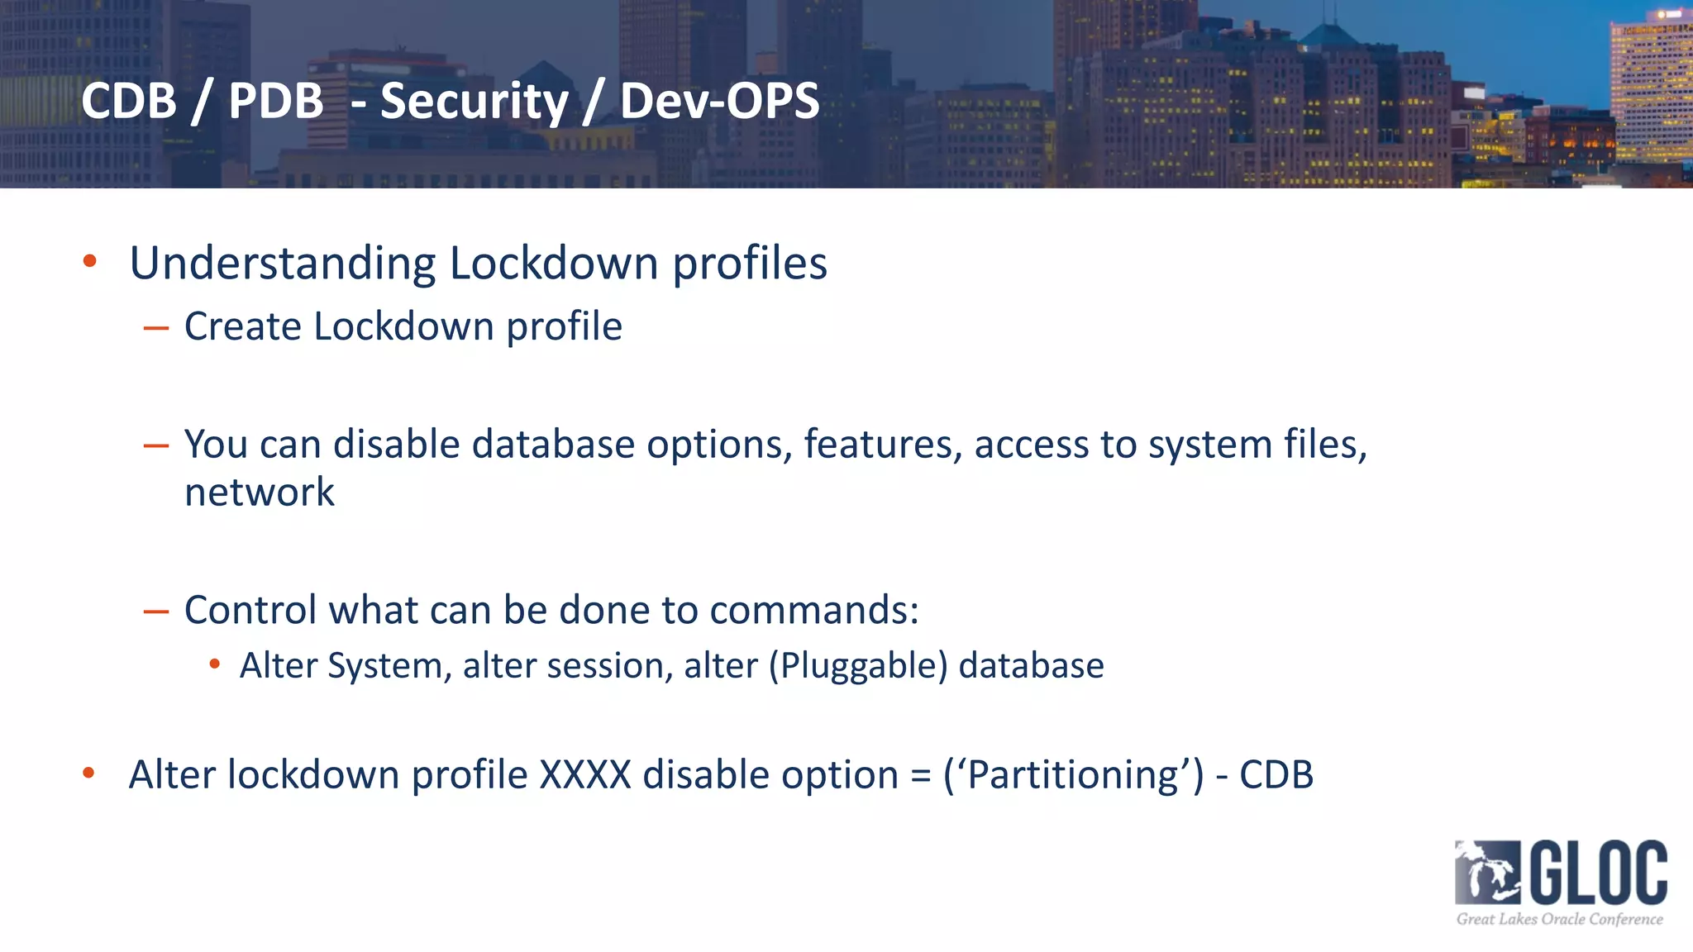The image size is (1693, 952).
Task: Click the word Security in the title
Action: click(x=475, y=102)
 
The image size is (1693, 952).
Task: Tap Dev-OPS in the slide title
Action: click(x=719, y=102)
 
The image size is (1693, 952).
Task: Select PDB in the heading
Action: click(x=275, y=102)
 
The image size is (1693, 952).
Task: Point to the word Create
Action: click(x=243, y=326)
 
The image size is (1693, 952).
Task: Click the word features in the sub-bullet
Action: click(x=882, y=445)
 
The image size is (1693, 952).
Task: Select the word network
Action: click(x=259, y=493)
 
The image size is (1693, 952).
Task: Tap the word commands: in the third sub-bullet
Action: click(x=813, y=610)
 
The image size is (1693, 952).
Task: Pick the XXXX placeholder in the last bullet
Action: click(x=585, y=775)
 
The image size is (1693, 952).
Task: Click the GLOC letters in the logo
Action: click(x=1599, y=873)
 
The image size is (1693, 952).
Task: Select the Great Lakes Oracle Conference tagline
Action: click(x=1559, y=919)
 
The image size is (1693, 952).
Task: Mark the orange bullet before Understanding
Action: click(x=90, y=262)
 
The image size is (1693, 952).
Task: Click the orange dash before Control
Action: click(x=155, y=612)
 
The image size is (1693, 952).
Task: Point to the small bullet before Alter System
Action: click(x=215, y=664)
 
